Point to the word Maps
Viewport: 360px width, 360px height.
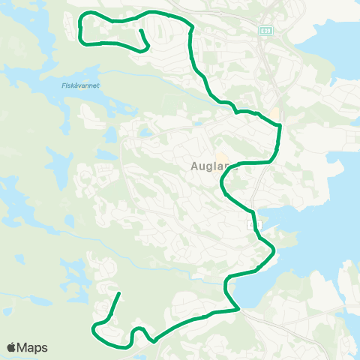(33, 347)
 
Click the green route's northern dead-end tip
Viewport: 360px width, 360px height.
(140, 31)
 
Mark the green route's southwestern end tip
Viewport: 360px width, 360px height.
(118, 294)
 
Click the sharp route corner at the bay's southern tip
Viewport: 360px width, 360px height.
(238, 308)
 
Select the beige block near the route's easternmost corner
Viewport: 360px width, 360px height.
(274, 113)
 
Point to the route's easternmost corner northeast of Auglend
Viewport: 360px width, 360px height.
(280, 127)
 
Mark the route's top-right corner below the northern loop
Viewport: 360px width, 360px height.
(193, 26)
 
